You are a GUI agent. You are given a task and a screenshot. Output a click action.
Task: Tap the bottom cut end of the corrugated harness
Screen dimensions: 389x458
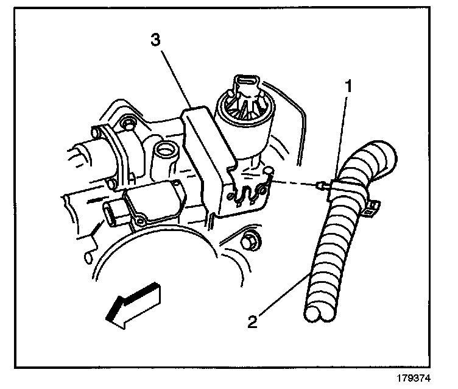point(320,315)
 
